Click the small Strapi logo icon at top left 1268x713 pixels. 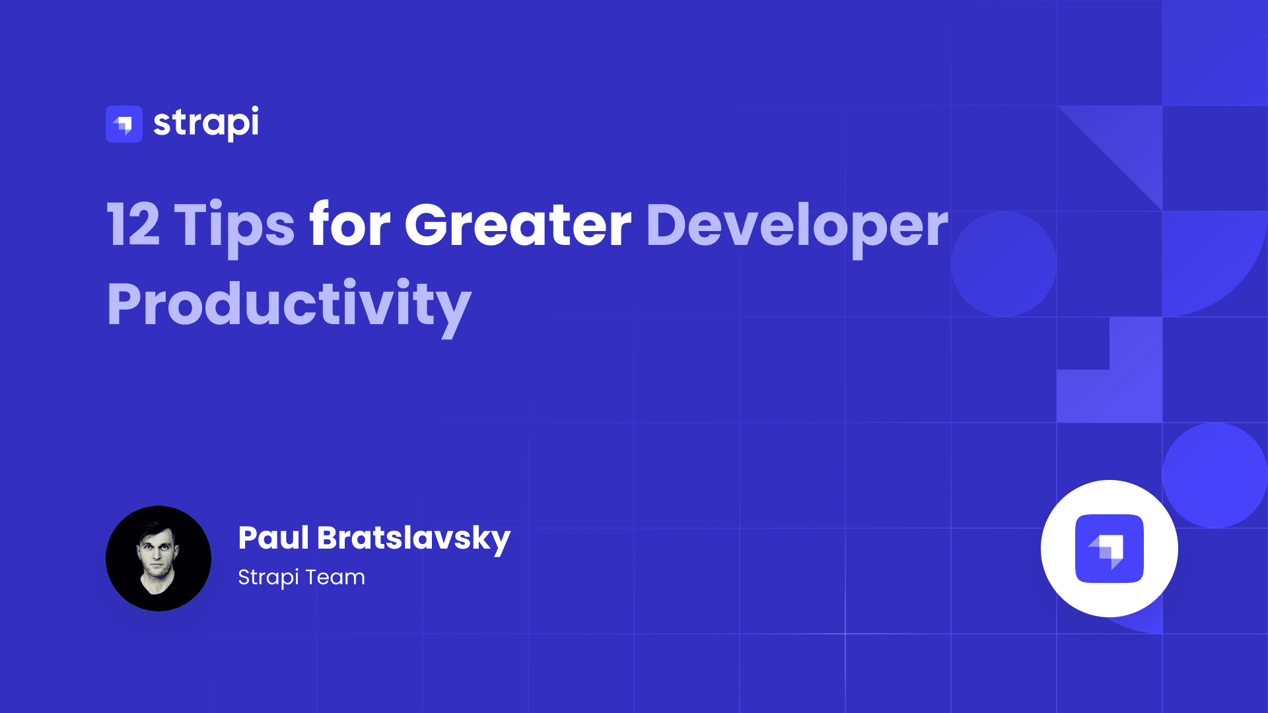click(124, 124)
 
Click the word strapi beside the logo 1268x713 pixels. click(205, 123)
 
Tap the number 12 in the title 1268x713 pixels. click(133, 225)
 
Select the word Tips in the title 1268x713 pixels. click(234, 225)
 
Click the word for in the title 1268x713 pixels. click(350, 225)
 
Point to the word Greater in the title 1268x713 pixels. click(518, 225)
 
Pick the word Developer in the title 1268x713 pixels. click(796, 225)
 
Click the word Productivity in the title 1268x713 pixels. click(289, 304)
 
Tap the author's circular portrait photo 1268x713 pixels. click(158, 559)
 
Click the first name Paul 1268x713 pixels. click(273, 538)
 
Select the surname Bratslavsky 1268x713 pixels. click(413, 538)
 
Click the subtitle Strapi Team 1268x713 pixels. click(301, 577)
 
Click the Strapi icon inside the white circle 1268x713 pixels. click(1109, 549)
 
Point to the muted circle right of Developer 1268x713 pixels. click(1003, 264)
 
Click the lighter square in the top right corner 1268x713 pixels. click(1215, 53)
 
